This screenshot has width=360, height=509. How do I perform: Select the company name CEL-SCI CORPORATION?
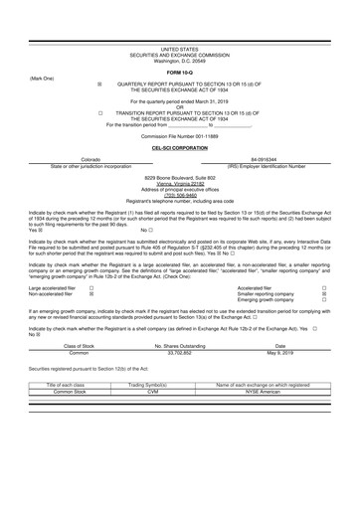[179, 147]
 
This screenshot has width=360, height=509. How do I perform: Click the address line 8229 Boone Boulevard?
[179, 177]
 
